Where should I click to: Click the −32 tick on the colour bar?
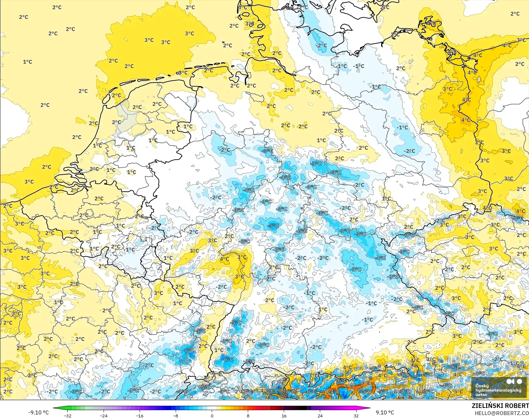tap(68, 415)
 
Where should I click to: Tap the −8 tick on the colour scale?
tap(175, 415)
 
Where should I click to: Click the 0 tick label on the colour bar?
tap(212, 415)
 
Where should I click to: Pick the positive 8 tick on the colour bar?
tap(248, 415)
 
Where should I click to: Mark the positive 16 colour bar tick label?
tap(284, 415)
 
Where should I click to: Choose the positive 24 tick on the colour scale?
tap(320, 415)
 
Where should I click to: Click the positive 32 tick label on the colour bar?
tap(356, 415)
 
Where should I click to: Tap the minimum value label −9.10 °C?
tap(38, 412)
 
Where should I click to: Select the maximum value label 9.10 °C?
tap(385, 412)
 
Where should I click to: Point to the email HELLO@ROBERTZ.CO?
tap(502, 413)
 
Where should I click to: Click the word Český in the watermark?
tap(482, 386)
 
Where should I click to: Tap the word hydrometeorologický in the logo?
tap(498, 390)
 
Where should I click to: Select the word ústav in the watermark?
tap(481, 395)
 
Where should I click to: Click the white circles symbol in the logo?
tap(514, 381)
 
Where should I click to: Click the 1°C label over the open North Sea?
tap(28, 62)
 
